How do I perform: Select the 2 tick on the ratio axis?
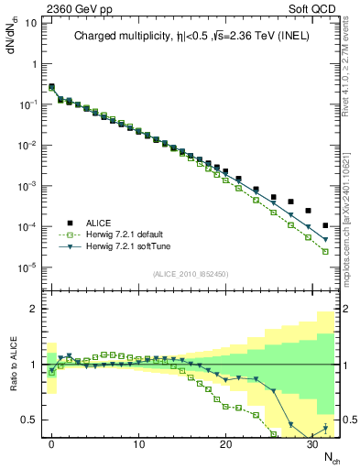pyautogui.click(x=35, y=309)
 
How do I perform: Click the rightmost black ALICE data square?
pyautogui.click(x=326, y=225)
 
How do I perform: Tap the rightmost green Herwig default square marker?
pyautogui.click(x=326, y=251)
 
